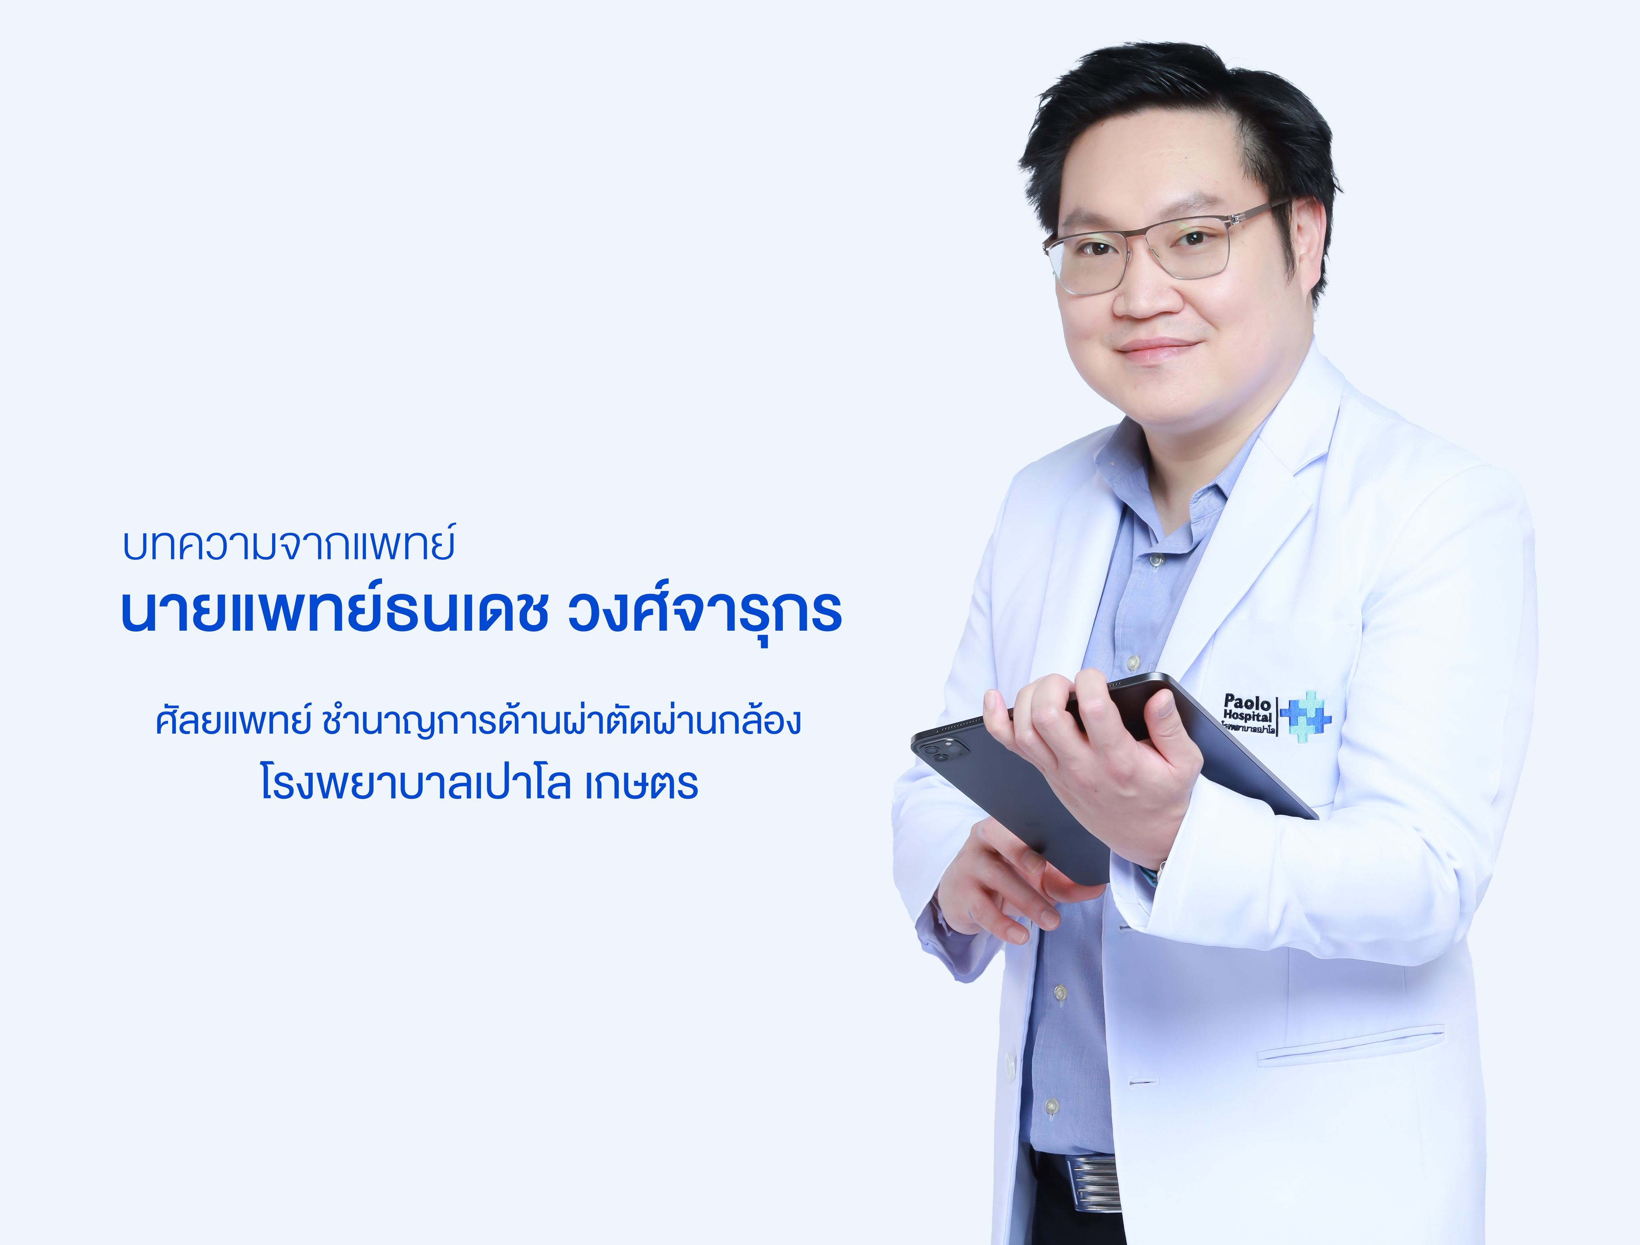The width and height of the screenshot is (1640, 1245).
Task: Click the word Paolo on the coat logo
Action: [x=1247, y=702]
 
